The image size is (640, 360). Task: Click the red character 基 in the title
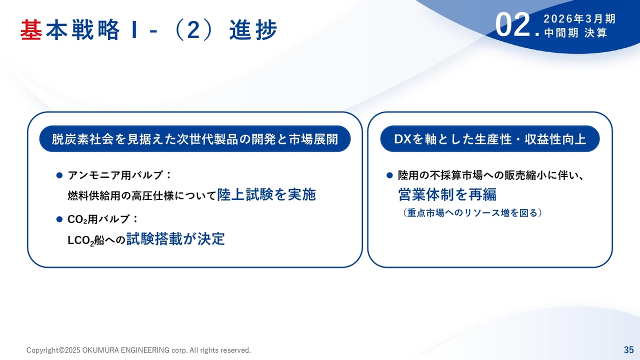tap(31, 29)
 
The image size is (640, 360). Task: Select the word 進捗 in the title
tap(253, 29)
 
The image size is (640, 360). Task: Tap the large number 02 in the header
tap(512, 25)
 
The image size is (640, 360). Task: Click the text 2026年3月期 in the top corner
tap(579, 19)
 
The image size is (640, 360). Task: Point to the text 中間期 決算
tap(575, 33)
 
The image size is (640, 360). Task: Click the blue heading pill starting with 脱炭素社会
tap(195, 139)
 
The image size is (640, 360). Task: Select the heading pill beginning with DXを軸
tap(490, 139)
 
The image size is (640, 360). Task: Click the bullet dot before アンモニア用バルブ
tap(59, 175)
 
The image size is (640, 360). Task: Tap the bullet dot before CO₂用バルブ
tap(59, 219)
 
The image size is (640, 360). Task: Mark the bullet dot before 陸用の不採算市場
tap(389, 175)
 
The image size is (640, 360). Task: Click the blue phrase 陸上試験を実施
tap(266, 194)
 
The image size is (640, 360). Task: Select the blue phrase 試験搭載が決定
tap(175, 239)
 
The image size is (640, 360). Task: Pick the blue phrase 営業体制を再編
tap(447, 194)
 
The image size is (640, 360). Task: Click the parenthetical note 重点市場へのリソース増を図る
tap(472, 213)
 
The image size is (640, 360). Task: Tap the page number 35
tap(629, 349)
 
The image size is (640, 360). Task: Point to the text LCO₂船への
tap(96, 240)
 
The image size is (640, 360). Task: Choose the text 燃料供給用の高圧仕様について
tap(141, 196)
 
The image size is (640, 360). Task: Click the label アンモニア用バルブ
tap(115, 175)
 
